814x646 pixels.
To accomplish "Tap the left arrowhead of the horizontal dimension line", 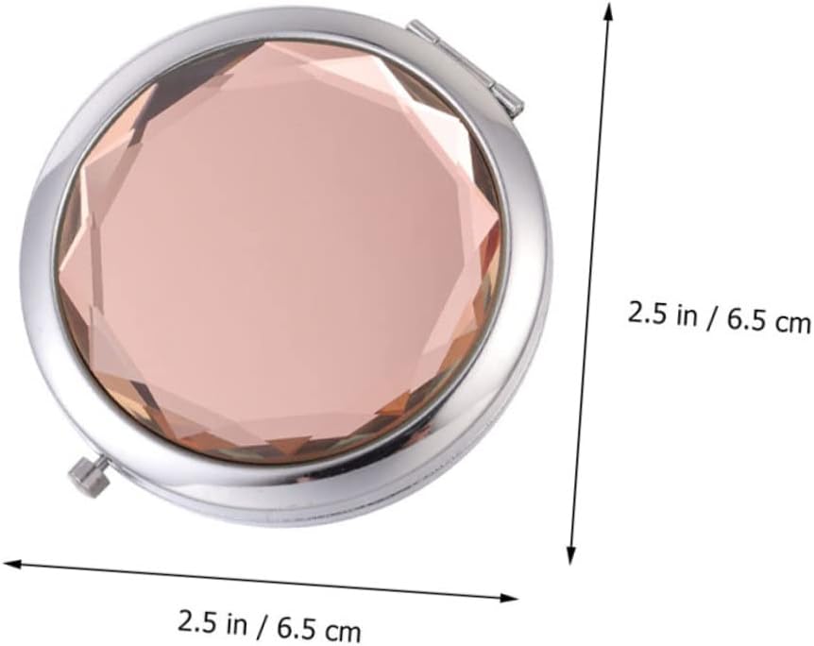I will coord(11,566).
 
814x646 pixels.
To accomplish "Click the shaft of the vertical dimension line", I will coord(590,283).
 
